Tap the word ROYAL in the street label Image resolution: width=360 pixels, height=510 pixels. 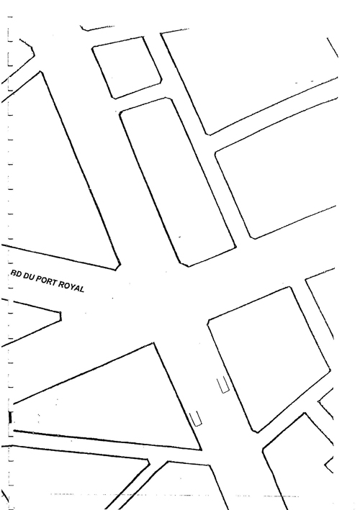click(x=71, y=286)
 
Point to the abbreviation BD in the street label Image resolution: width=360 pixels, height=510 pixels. click(x=16, y=274)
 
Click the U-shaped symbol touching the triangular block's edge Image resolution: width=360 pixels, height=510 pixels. click(x=196, y=419)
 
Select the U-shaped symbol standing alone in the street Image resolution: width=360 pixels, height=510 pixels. click(x=223, y=385)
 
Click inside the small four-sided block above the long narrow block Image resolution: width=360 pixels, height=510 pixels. click(x=127, y=68)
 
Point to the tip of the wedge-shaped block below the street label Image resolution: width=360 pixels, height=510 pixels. click(x=61, y=317)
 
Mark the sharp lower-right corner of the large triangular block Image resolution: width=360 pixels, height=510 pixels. click(x=201, y=450)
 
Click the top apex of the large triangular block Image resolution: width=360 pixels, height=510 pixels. click(x=153, y=343)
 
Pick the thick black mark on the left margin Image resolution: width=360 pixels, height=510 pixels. click(x=10, y=418)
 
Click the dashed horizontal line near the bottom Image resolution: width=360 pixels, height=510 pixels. click(x=174, y=496)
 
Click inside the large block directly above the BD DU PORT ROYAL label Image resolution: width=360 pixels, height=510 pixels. click(x=58, y=182)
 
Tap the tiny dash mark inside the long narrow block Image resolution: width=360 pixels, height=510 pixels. click(x=180, y=237)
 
